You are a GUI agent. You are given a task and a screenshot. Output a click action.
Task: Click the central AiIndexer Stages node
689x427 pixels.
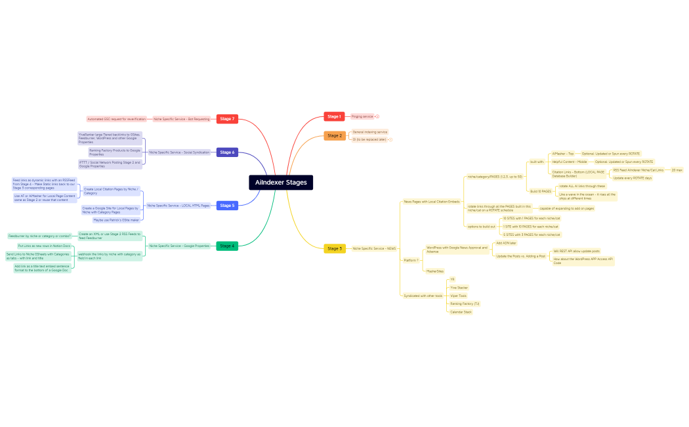coord(281,183)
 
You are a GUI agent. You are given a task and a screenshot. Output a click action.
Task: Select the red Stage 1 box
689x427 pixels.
coord(334,116)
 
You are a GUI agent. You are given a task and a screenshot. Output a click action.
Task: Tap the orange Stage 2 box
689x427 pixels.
coord(334,136)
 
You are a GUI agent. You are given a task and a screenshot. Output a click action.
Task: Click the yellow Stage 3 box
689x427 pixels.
coord(334,248)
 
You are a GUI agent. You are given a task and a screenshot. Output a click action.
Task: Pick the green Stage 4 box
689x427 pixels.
coord(226,246)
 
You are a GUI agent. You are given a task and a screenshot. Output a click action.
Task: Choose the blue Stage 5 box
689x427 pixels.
coord(226,206)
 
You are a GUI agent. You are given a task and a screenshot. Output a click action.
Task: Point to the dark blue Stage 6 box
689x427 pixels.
coord(226,152)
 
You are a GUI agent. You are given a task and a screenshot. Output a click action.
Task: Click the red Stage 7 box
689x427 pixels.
coord(226,119)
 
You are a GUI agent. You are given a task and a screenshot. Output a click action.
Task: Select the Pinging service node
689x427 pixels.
coord(362,116)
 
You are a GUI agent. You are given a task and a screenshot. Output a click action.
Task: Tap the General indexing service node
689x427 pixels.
coord(369,132)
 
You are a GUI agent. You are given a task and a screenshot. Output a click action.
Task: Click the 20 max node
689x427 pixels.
coord(677,170)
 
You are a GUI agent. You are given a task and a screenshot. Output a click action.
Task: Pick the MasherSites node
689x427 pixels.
coord(435,271)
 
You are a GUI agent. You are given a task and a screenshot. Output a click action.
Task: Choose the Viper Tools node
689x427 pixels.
coord(458,296)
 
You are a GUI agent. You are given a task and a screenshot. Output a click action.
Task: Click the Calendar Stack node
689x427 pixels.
coord(461,312)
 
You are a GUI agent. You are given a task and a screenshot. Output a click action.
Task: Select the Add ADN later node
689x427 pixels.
coord(506,243)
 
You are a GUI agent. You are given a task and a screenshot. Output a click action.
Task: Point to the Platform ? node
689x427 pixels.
coord(410,260)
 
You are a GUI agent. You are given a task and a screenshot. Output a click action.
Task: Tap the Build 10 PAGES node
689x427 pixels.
coord(541,191)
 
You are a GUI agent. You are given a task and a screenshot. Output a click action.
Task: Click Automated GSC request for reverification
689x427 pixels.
coord(117,119)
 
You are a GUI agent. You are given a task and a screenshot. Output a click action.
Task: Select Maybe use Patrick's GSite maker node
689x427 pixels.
coord(116,220)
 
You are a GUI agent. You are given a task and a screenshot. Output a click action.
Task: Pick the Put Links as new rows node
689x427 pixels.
coord(43,246)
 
